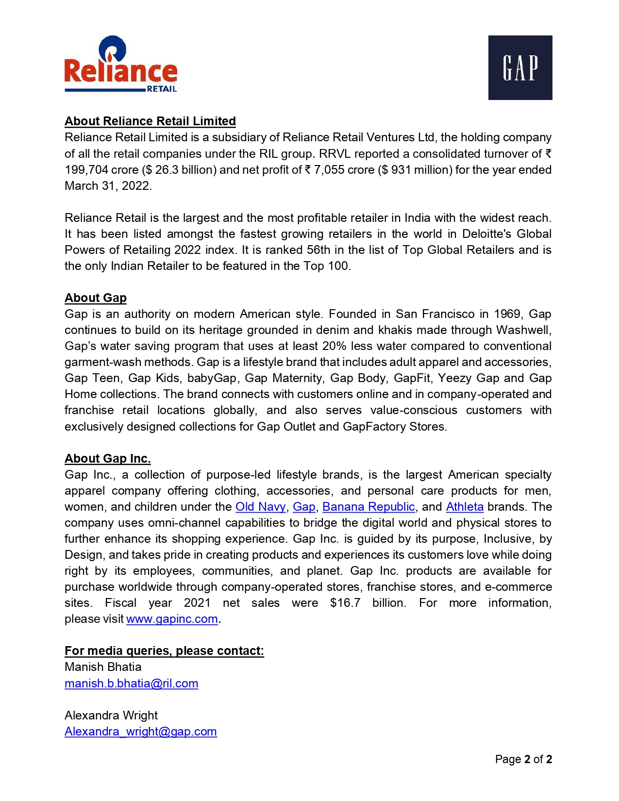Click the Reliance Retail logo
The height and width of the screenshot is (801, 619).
click(121, 65)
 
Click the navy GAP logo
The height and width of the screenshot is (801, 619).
click(520, 67)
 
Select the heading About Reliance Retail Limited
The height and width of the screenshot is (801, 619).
click(150, 121)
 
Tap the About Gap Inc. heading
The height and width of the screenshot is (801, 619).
click(107, 458)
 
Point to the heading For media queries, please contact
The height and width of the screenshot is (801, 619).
click(164, 651)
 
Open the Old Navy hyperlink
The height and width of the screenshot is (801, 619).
click(260, 507)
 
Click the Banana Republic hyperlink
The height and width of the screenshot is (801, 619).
click(368, 507)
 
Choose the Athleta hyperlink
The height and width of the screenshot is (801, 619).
click(465, 507)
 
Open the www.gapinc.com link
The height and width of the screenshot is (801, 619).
click(172, 619)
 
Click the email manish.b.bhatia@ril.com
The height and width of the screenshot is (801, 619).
click(131, 684)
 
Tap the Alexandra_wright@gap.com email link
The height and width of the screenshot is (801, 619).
click(140, 732)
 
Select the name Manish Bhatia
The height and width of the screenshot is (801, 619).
click(103, 667)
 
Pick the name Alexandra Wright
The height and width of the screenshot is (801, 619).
click(111, 715)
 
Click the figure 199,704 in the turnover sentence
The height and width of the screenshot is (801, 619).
click(86, 170)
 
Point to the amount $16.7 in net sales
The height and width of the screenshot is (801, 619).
click(345, 603)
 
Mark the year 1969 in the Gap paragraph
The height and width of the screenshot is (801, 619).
click(507, 314)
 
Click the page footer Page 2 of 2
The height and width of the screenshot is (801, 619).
click(523, 759)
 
